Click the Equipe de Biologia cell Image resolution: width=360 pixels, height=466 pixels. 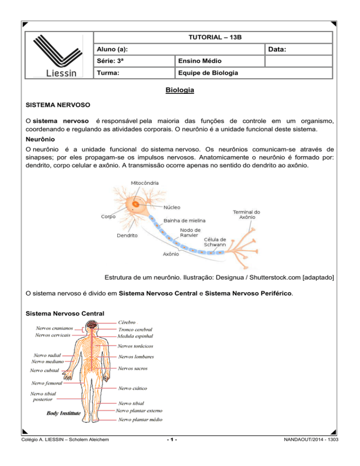pyautogui.click(x=205, y=73)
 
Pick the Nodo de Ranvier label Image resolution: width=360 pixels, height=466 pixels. pyautogui.click(x=190, y=233)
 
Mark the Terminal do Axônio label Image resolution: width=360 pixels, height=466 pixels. pyautogui.click(x=247, y=215)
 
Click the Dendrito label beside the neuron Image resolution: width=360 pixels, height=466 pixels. pyautogui.click(x=127, y=236)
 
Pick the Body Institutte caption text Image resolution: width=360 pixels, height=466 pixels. pyautogui.click(x=64, y=413)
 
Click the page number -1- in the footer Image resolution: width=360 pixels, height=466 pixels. pyautogui.click(x=180, y=453)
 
